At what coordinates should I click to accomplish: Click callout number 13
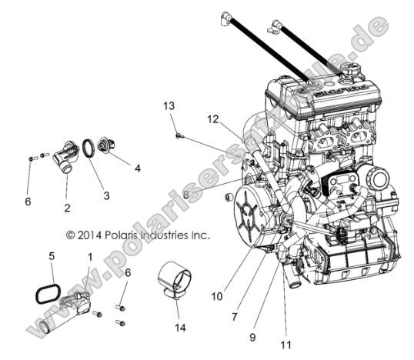click(x=170, y=105)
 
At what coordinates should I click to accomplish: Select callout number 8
click(x=185, y=195)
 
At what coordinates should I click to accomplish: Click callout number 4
click(x=138, y=167)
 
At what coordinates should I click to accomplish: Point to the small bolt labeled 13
click(x=179, y=135)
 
